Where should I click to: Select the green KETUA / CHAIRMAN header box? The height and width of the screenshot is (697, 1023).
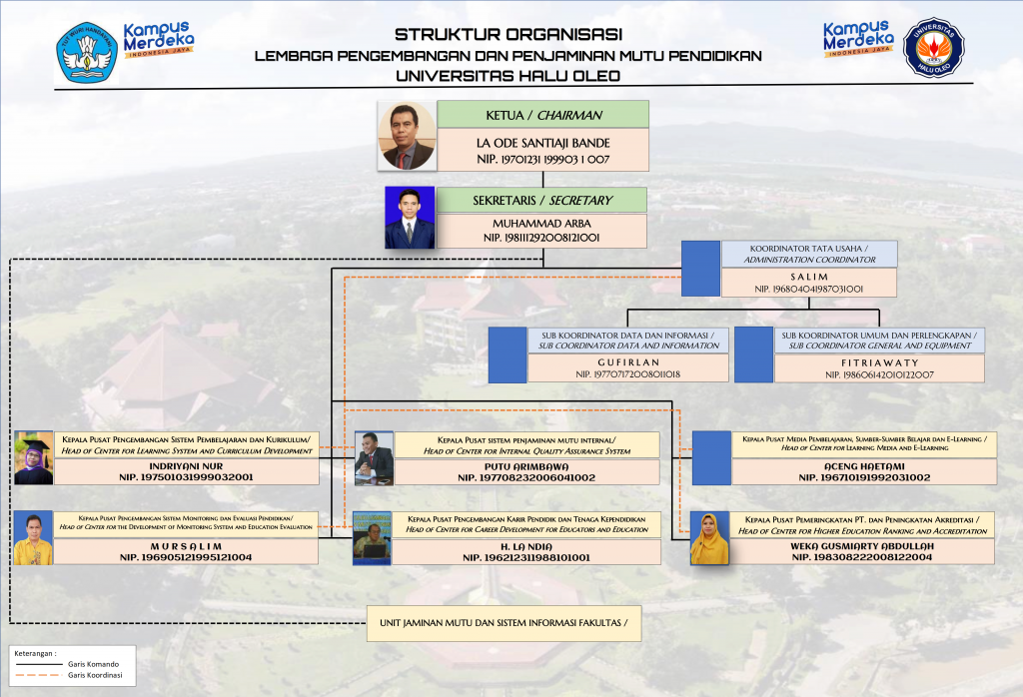point(543,114)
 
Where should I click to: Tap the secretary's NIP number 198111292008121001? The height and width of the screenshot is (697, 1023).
point(541,238)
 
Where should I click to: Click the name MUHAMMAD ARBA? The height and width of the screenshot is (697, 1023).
point(541,224)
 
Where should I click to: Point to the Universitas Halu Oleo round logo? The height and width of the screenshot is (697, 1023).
point(933,46)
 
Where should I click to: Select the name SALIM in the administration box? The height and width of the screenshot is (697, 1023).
point(809,275)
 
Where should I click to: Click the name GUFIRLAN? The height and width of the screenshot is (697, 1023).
point(628,360)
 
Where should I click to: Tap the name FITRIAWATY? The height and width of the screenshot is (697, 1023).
point(878,360)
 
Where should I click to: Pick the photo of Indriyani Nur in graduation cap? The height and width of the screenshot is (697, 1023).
point(33,458)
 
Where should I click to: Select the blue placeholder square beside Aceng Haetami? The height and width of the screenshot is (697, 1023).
point(711,458)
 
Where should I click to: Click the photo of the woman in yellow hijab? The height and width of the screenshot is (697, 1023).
point(709,539)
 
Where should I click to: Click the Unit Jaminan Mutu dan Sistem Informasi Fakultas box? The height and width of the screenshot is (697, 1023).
point(503,623)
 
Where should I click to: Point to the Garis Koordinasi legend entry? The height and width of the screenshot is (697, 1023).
point(94,676)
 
